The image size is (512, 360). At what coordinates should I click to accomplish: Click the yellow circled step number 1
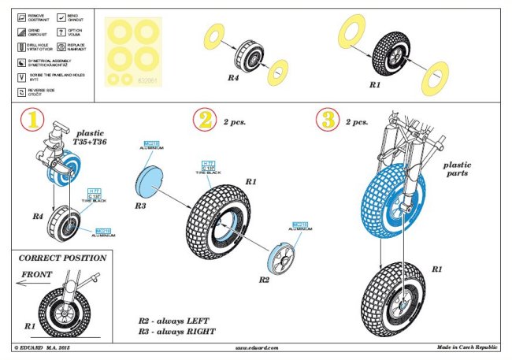coord(31,121)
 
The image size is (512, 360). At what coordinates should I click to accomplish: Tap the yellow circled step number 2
coord(204,121)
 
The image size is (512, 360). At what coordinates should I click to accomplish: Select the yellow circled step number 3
coord(327,121)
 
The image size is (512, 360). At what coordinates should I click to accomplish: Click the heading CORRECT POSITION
coord(62,258)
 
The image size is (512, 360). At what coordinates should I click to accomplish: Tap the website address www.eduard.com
coord(257,347)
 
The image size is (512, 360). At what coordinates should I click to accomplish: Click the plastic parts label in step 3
coord(457,170)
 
